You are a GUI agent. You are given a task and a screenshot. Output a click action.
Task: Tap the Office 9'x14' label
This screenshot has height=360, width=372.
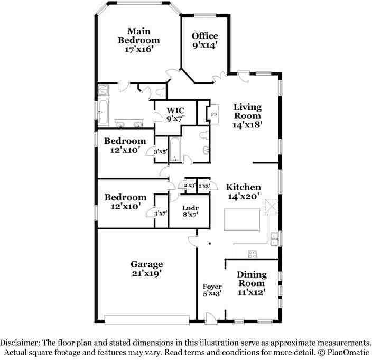[x=205, y=41]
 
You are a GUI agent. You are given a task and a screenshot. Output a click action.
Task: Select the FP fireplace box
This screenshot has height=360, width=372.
[x=214, y=115]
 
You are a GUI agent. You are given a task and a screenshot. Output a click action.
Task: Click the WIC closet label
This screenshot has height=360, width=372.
[x=175, y=114]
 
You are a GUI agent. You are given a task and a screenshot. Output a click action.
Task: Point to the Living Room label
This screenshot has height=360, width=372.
[x=247, y=116]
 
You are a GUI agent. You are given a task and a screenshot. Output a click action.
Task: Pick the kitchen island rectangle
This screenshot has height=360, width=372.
[x=243, y=220]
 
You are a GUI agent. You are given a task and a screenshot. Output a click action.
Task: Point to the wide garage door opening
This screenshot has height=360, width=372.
[x=147, y=320]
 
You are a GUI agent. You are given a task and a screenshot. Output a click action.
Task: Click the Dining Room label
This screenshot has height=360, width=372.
[x=252, y=283]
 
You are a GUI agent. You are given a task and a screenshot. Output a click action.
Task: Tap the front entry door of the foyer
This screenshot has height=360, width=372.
[x=211, y=317]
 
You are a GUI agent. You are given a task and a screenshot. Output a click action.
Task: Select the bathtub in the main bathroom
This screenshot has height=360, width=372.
[x=103, y=112]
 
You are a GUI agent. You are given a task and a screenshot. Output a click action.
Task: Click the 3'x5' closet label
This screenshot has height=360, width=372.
[x=160, y=152]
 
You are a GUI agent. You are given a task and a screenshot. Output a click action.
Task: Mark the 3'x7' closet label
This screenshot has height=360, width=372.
[x=161, y=214]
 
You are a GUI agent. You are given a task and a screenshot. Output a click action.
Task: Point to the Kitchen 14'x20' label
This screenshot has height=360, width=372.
[x=243, y=191]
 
